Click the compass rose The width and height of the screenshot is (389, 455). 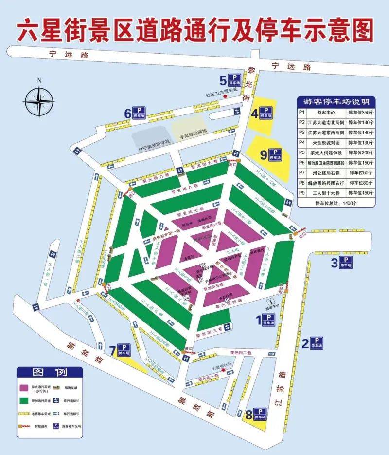pyautogui.click(x=39, y=101)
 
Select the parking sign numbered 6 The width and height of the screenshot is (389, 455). pyautogui.click(x=140, y=113)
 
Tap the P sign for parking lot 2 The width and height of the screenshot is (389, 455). pyautogui.click(x=317, y=343)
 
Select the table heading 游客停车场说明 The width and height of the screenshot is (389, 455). pyautogui.click(x=336, y=102)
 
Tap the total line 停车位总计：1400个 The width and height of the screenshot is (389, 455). pyautogui.click(x=336, y=203)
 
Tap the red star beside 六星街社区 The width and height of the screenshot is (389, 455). pyautogui.click(x=223, y=371)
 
